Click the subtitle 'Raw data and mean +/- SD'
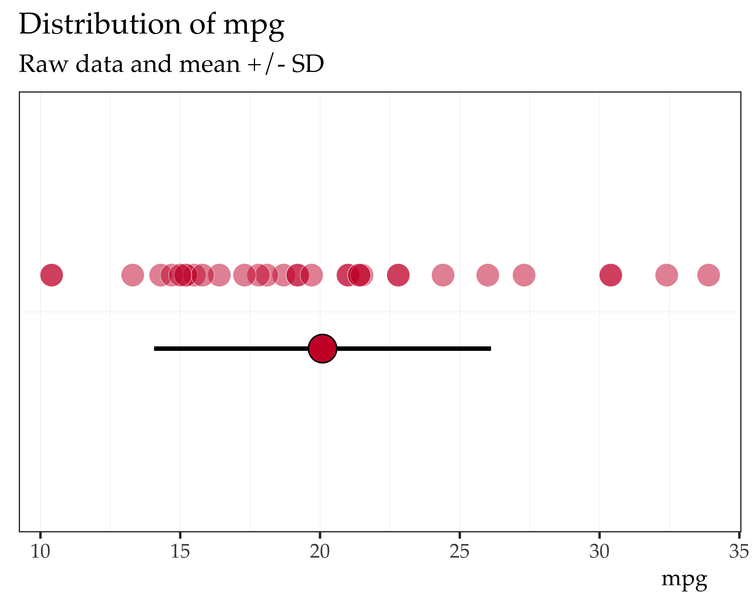point(171,64)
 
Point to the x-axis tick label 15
point(180,552)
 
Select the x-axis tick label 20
point(320,552)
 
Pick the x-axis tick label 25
point(460,552)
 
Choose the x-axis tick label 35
point(739,552)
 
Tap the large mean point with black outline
point(322,348)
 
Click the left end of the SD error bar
point(155,348)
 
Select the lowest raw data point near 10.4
point(52,275)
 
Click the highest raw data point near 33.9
point(709,275)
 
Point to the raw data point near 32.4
point(667,275)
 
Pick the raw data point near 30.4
point(611,275)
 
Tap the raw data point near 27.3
point(524,275)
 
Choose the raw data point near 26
point(487,275)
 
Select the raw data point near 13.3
point(133,275)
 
